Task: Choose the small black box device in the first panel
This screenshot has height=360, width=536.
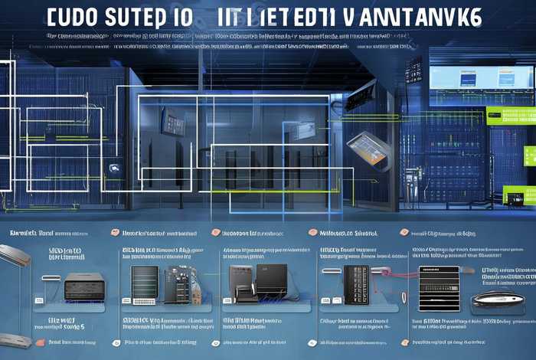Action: (x=82, y=286)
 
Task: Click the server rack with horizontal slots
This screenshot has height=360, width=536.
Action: (x=144, y=285)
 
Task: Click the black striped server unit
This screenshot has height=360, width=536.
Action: (x=439, y=284)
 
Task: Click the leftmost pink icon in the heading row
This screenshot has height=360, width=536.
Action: (x=115, y=233)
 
